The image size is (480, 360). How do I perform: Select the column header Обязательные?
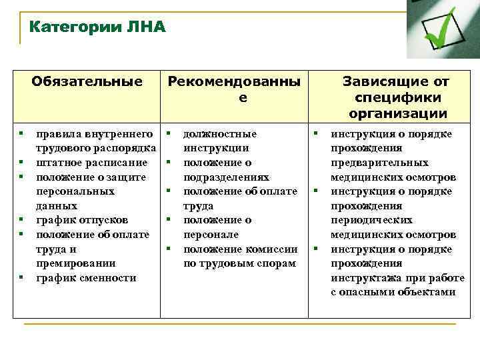click(x=87, y=81)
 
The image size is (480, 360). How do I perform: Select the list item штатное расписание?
click(x=91, y=163)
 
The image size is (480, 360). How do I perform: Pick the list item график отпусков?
click(x=81, y=220)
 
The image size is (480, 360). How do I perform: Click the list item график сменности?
click(x=85, y=277)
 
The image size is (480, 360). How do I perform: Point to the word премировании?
click(x=75, y=263)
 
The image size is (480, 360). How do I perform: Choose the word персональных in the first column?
click(x=75, y=191)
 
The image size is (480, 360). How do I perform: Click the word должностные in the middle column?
click(x=219, y=134)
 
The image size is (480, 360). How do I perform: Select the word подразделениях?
click(x=226, y=177)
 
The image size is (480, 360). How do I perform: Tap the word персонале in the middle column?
click(x=210, y=235)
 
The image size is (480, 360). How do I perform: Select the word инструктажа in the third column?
click(x=366, y=277)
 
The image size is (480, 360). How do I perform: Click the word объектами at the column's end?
click(x=425, y=292)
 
